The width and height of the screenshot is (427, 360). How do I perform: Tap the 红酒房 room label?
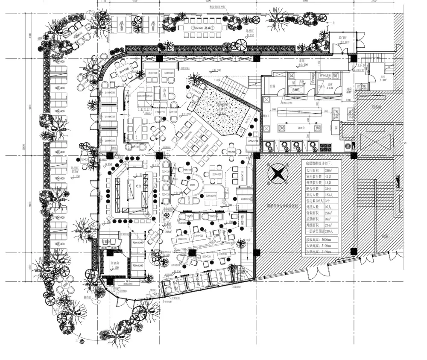(x=115, y=263)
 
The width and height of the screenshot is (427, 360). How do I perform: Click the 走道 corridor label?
(x=302, y=61)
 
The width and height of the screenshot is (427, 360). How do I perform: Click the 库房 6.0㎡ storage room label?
(x=383, y=78)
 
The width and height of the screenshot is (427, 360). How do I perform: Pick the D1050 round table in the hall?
(x=193, y=184)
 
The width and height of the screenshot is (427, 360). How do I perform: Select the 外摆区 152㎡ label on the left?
(x=75, y=170)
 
